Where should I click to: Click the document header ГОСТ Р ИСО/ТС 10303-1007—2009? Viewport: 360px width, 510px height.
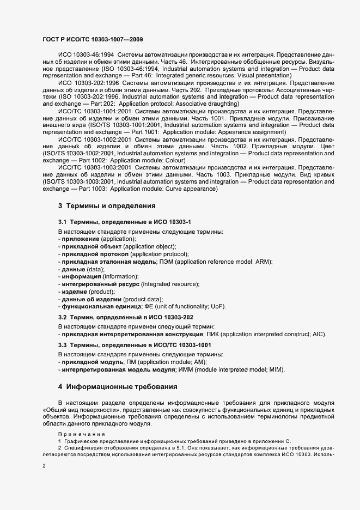93,40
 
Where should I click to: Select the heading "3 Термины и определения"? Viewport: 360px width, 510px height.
107,207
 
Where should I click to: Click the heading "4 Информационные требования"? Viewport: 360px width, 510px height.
118,387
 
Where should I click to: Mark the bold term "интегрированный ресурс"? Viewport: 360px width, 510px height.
100,284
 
